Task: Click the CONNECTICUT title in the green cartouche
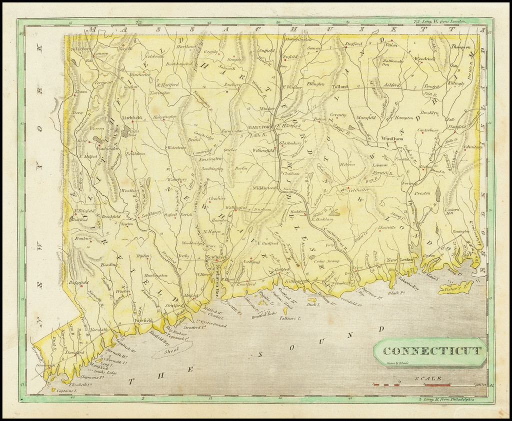pos(432,351)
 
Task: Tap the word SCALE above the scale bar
pos(429,379)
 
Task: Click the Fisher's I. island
pos(455,288)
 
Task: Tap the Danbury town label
pos(83,238)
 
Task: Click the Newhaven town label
pos(216,257)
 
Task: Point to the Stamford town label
pos(74,352)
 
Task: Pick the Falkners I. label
pos(290,318)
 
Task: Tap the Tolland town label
pos(339,86)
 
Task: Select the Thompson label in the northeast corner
pos(460,47)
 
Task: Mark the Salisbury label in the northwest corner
pos(79,49)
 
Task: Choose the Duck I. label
pos(313,304)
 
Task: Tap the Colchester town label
pos(358,189)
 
